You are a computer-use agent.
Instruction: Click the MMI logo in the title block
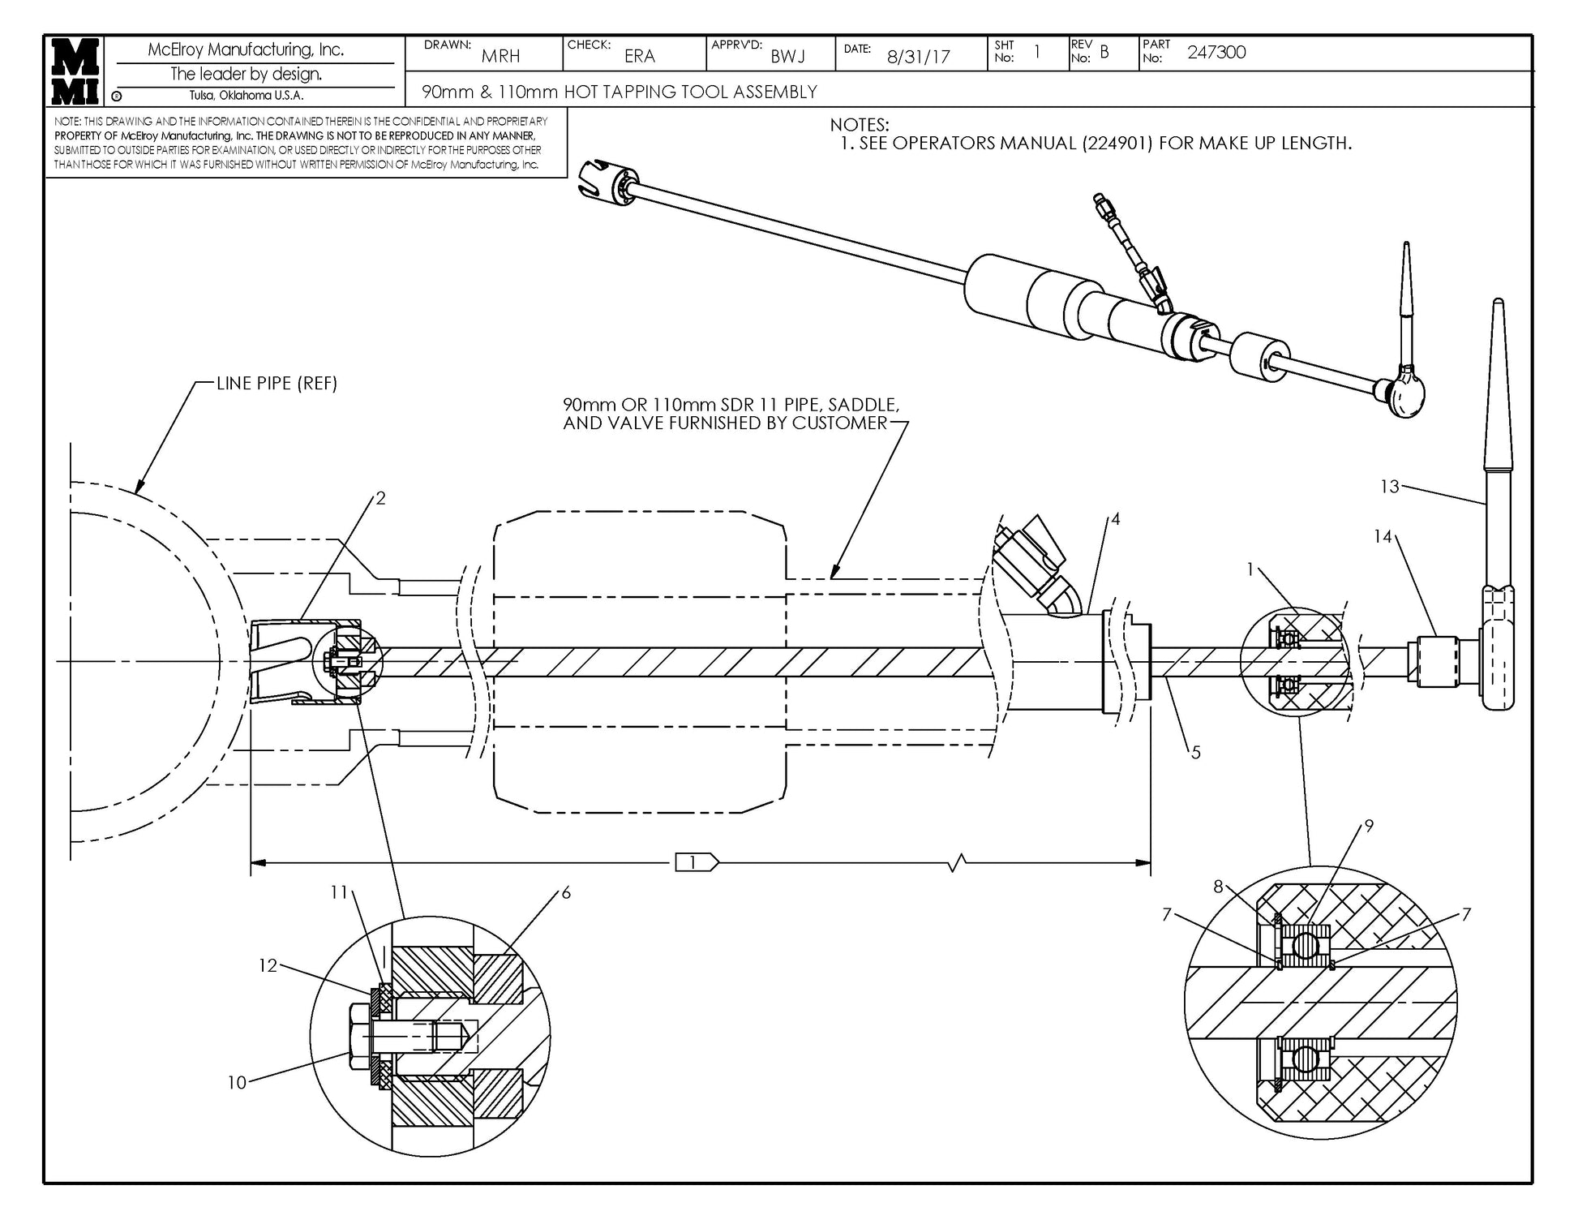point(75,71)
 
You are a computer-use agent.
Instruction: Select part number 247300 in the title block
point(1216,53)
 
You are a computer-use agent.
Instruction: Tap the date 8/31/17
point(919,57)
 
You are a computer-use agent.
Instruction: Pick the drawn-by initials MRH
point(500,57)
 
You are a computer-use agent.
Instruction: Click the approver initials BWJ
point(788,57)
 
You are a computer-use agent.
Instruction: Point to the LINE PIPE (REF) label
point(277,384)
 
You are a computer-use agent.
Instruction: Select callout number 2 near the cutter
point(380,498)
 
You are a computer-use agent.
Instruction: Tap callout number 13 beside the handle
point(1390,487)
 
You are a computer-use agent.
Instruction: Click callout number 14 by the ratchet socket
point(1383,536)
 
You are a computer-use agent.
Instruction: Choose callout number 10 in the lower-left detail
point(237,1083)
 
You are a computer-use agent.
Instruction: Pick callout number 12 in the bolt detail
point(268,965)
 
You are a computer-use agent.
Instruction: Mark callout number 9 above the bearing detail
point(1369,826)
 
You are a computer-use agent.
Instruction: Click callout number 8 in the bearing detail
point(1218,887)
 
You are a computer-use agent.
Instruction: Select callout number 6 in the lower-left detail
point(566,893)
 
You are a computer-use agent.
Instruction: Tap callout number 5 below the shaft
point(1196,753)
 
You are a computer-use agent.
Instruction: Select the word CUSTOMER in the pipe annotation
point(839,423)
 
